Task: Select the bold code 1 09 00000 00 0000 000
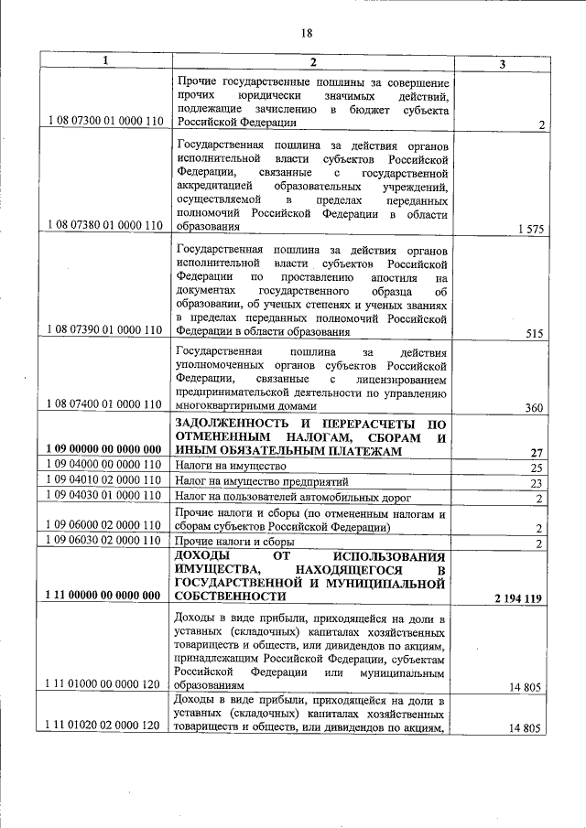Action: point(103,450)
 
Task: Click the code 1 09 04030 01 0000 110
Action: point(103,497)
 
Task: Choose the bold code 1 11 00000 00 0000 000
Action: point(103,596)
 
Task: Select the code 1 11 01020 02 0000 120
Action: point(103,727)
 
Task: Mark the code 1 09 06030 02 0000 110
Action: point(103,543)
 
